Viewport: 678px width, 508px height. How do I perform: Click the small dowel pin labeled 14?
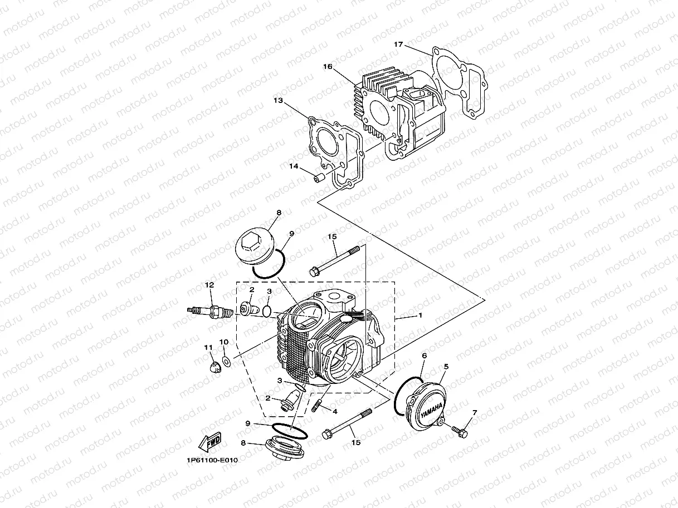[319, 178]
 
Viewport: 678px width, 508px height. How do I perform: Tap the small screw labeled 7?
[460, 430]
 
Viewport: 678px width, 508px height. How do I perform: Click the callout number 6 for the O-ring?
[424, 355]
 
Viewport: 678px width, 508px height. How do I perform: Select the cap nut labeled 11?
[212, 367]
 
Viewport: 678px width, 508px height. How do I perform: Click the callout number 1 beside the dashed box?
[420, 315]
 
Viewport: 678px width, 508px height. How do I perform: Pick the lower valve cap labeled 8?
[285, 448]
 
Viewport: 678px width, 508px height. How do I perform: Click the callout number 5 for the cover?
[446, 367]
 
